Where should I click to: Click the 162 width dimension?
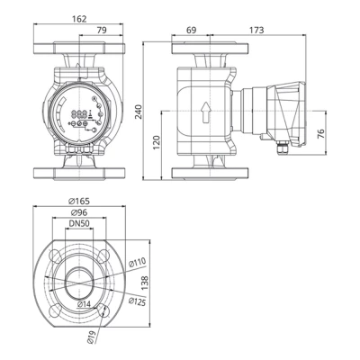78,17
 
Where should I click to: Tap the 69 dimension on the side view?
191,31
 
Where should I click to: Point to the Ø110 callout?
137,262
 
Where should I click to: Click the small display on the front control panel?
80,114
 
